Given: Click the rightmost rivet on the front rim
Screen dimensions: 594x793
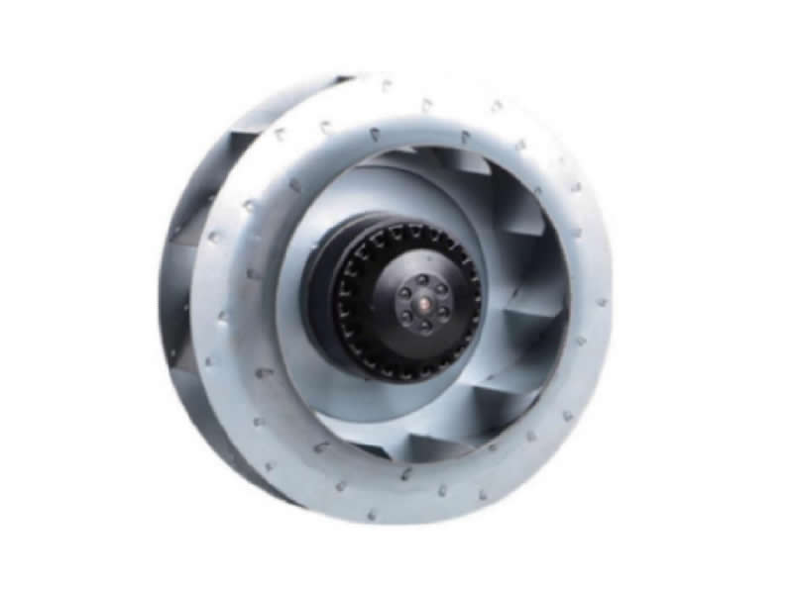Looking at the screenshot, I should (x=602, y=301).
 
